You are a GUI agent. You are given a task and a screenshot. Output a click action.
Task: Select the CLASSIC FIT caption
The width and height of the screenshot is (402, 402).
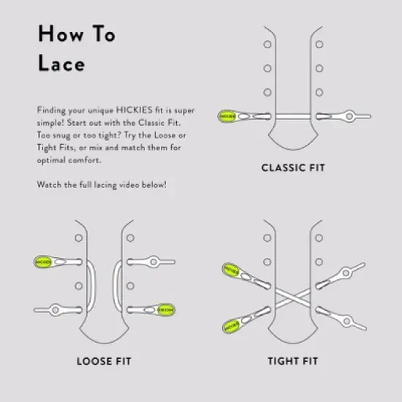(293, 168)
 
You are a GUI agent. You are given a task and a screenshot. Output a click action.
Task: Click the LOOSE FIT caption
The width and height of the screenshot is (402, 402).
(104, 360)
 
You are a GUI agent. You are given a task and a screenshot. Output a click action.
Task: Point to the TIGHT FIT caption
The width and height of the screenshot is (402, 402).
(293, 360)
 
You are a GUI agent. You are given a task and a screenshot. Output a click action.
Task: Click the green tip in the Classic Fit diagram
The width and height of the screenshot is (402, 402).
(228, 115)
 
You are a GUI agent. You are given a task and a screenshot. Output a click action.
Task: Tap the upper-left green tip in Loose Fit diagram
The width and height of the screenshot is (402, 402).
(42, 261)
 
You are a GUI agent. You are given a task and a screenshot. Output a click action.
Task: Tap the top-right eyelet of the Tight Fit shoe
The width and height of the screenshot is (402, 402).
(319, 238)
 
